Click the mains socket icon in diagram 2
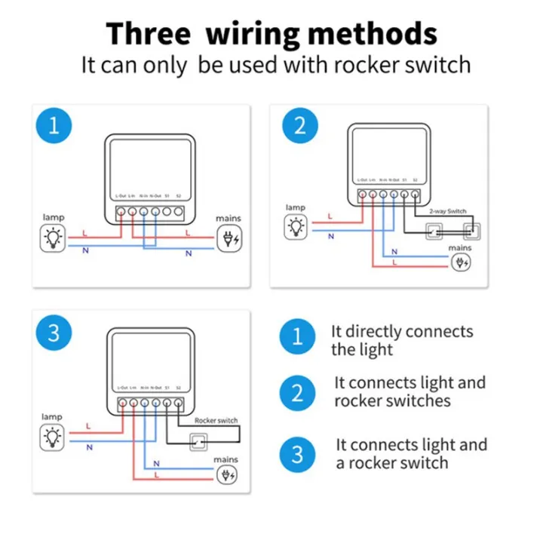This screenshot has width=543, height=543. click(x=460, y=262)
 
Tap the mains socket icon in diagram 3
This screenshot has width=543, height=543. click(x=226, y=474)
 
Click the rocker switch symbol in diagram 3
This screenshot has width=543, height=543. click(x=200, y=440)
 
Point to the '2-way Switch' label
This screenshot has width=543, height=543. click(x=447, y=213)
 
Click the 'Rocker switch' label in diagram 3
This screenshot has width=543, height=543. click(x=216, y=420)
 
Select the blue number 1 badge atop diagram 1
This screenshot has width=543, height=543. click(x=53, y=125)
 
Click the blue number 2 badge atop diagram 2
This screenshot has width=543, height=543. click(x=300, y=125)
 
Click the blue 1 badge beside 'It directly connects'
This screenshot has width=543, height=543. click(x=299, y=336)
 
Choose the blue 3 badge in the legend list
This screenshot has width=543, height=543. click(x=299, y=454)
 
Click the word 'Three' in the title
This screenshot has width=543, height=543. click(x=149, y=34)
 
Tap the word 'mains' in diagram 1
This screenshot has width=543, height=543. click(x=228, y=219)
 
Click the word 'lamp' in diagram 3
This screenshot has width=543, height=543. click(x=52, y=416)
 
